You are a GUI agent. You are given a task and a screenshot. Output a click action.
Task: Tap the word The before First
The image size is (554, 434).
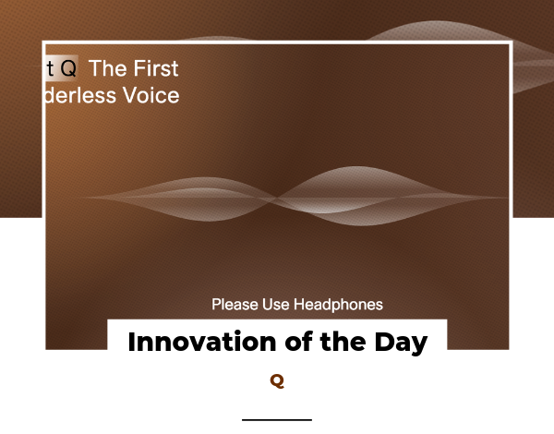pos(107,68)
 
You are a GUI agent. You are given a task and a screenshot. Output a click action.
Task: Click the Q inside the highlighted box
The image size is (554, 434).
pos(68,68)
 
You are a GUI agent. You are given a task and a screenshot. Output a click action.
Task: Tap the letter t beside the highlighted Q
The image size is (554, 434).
pos(51,68)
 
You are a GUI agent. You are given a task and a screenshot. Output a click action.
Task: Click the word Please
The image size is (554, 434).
pos(234,304)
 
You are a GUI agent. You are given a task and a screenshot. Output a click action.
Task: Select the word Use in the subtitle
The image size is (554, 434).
pos(277,304)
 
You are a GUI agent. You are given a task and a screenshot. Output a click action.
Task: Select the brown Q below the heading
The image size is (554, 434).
pos(277,381)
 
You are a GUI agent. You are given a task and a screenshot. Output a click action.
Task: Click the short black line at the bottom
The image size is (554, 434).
pos(277,419)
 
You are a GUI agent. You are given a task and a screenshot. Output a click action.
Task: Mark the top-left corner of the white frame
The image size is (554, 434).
pos(44,42)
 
